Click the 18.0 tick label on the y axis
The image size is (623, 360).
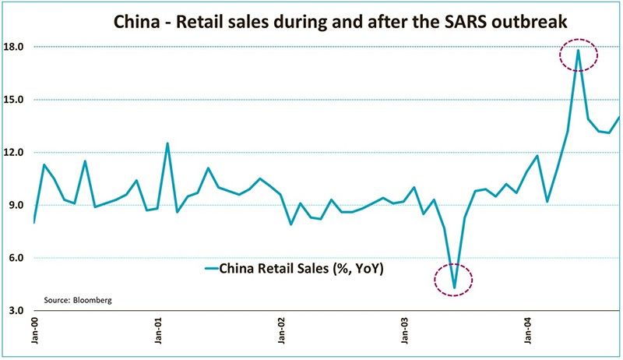pos(15,47)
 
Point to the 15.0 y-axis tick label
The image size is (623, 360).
pos(15,100)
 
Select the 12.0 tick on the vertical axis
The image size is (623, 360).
pos(15,153)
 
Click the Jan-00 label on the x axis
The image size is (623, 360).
pos(35,333)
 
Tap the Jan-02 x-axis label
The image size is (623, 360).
pos(282,333)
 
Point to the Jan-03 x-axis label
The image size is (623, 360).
pos(405,333)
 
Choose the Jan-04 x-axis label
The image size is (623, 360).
pos(529,333)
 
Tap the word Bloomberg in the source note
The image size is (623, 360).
pos(93,299)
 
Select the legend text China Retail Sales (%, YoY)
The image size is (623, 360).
pos(304,270)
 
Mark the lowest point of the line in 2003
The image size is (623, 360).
pos(455,288)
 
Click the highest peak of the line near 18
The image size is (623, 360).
pos(578,50)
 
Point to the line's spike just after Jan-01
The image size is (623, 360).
pos(167,143)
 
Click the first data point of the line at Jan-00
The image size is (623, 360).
pos(34,223)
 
